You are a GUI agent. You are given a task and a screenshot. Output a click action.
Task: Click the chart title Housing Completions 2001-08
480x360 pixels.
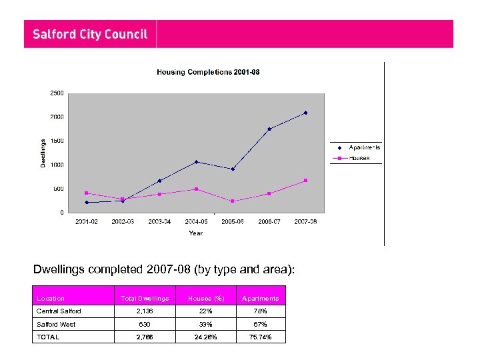click(208, 72)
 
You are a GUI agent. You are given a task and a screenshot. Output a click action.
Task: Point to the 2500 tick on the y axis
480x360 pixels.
click(57, 93)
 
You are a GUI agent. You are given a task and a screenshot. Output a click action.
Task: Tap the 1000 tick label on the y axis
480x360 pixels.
click(57, 165)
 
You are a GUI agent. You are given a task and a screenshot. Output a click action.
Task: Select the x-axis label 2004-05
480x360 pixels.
click(196, 222)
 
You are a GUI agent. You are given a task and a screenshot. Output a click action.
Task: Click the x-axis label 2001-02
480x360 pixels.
click(87, 222)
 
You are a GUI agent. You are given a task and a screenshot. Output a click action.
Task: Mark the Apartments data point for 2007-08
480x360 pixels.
click(305, 113)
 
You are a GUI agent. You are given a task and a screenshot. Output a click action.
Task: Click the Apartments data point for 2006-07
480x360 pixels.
click(269, 129)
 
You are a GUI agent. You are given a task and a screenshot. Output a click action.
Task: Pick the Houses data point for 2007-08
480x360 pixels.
click(305, 181)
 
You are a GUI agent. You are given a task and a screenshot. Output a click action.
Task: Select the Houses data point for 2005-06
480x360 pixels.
click(232, 201)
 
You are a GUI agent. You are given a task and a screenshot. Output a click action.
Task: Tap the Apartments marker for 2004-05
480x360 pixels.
click(196, 162)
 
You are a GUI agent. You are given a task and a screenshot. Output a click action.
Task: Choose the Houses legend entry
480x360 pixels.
click(359, 158)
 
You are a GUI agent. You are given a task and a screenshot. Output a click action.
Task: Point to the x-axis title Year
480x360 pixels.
click(195, 233)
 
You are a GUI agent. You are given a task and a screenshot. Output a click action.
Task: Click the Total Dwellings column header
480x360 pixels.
click(145, 299)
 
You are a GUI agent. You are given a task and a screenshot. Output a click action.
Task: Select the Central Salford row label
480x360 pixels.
click(59, 311)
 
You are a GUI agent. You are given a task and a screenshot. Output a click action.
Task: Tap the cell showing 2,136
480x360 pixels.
click(145, 311)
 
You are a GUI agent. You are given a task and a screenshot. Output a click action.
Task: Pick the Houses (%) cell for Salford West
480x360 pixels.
click(205, 325)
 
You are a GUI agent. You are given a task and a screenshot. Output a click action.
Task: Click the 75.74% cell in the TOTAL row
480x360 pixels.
click(260, 337)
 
